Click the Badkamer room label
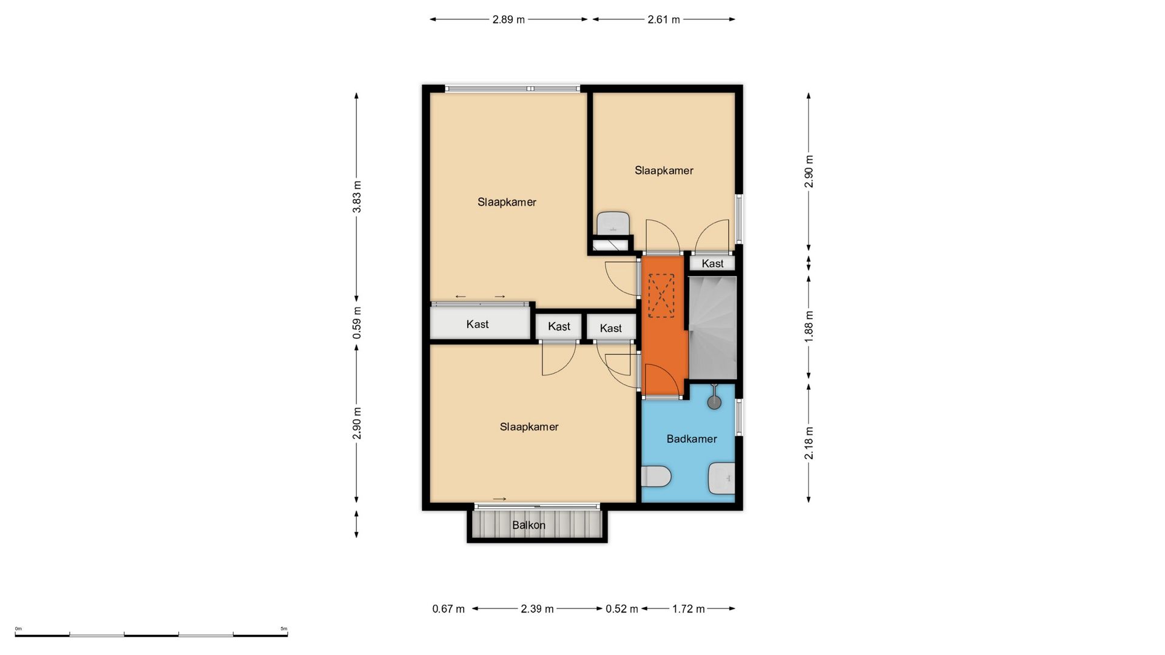[x=692, y=438]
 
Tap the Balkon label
[x=528, y=525]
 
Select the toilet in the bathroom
[x=656, y=476]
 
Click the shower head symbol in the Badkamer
[x=715, y=401]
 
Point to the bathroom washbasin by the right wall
[x=722, y=478]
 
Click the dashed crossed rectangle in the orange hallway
[x=661, y=295]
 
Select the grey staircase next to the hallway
[x=712, y=327]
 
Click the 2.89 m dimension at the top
[x=508, y=19]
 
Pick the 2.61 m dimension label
[x=664, y=19]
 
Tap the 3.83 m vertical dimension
[x=357, y=196]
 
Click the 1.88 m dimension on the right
[x=809, y=326]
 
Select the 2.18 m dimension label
[x=809, y=443]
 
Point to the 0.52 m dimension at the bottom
[x=622, y=609]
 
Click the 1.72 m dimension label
[x=689, y=609]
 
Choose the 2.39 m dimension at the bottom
[x=537, y=609]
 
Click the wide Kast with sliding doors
[x=479, y=324]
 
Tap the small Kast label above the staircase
[x=712, y=263]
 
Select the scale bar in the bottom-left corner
[x=152, y=634]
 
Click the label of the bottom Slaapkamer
[x=529, y=427]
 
